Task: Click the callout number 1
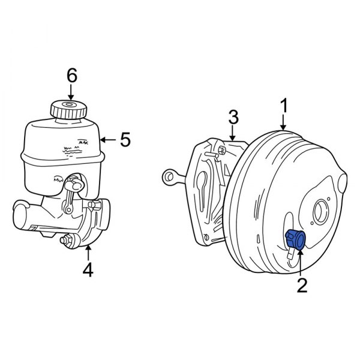(x=284, y=106)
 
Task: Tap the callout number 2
(x=301, y=284)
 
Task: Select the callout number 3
(x=234, y=116)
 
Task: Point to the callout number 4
(x=88, y=271)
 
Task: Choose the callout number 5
(x=125, y=140)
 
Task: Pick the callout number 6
(x=71, y=76)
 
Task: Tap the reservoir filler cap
(x=66, y=110)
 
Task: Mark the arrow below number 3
(x=234, y=133)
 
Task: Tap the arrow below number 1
(x=284, y=123)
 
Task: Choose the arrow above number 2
(x=299, y=263)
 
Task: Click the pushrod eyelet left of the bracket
(x=168, y=176)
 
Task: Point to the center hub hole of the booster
(x=320, y=211)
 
